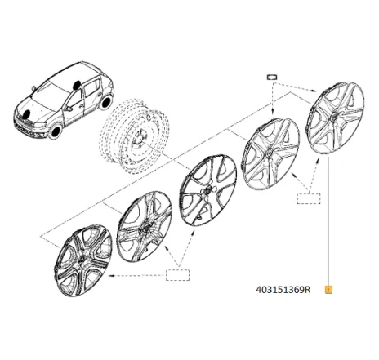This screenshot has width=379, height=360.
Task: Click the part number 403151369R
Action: tap(283, 290)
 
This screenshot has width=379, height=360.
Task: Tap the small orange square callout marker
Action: tap(329, 290)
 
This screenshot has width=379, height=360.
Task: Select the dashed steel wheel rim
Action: tap(135, 136)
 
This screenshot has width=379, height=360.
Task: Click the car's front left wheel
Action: tap(56, 131)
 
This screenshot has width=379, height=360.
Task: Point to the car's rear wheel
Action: tap(105, 102)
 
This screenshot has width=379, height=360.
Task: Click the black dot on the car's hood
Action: tap(27, 113)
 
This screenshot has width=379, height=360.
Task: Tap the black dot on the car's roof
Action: tap(77, 85)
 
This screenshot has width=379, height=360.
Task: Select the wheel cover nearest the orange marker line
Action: tap(335, 118)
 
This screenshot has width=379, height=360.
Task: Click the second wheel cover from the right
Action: tap(270, 153)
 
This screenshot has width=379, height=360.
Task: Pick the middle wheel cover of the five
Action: tap(208, 190)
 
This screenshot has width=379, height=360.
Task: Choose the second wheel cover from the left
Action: tap(145, 226)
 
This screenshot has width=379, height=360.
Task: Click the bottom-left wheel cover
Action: tap(83, 260)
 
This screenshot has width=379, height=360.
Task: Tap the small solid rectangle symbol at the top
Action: tap(272, 77)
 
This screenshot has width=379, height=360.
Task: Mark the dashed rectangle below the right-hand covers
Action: tap(309, 198)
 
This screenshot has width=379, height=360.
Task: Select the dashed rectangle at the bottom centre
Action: tap(177, 275)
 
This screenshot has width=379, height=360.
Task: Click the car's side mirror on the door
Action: tap(69, 109)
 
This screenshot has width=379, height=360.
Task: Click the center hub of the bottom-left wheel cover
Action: tap(82, 260)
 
